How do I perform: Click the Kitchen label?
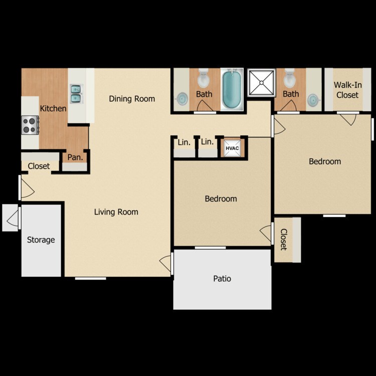[53, 108]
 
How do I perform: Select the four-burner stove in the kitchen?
[30, 124]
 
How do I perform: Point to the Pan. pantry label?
[75, 157]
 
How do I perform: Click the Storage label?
[41, 240]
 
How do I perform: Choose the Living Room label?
[116, 212]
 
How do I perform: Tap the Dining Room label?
[132, 99]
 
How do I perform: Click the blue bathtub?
[232, 91]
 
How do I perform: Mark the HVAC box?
[232, 148]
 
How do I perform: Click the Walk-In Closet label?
[346, 90]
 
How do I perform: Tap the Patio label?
[222, 279]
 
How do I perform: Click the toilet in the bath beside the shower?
[290, 79]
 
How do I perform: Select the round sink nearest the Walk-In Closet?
[313, 100]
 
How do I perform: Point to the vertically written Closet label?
[283, 240]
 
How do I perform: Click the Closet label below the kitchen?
[39, 166]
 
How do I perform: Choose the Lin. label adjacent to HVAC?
[207, 142]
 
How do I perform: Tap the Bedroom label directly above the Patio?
[221, 199]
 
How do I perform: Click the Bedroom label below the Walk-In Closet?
[324, 161]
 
